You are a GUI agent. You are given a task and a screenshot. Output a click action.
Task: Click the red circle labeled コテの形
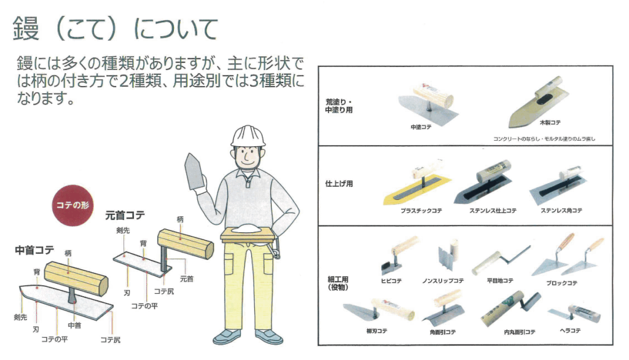(x=72, y=205)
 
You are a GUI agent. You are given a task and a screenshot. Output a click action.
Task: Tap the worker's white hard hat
(x=248, y=136)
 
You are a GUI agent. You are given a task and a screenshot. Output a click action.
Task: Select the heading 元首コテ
(x=125, y=216)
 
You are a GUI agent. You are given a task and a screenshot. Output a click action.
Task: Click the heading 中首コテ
(x=34, y=251)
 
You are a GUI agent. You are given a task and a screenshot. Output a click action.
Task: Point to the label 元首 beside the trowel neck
(x=187, y=278)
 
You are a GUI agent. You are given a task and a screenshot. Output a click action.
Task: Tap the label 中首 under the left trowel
(x=74, y=326)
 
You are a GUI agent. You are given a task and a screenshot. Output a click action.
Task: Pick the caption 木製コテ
(x=550, y=122)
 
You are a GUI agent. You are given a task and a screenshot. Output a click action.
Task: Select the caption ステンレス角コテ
(x=561, y=210)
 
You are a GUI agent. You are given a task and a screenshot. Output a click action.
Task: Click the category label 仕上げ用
(x=339, y=184)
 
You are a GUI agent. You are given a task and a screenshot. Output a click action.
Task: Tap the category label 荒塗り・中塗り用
(x=339, y=106)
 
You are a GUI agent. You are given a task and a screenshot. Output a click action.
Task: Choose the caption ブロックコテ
(x=561, y=283)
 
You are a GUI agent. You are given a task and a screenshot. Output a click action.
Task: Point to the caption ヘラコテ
(x=570, y=331)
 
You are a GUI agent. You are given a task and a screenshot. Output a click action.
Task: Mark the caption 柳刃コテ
(x=377, y=331)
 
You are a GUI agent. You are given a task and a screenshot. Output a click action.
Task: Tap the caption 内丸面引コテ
(x=520, y=332)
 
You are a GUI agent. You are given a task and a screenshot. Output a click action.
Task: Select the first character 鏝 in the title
(x=26, y=28)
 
